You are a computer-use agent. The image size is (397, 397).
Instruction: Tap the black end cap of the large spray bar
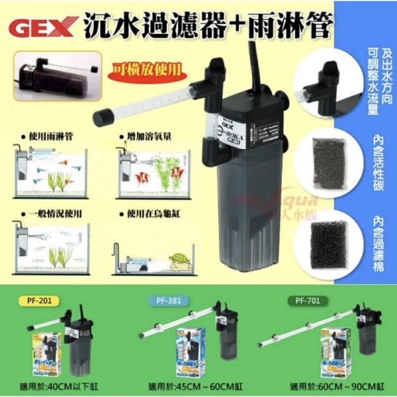[x=101, y=117]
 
